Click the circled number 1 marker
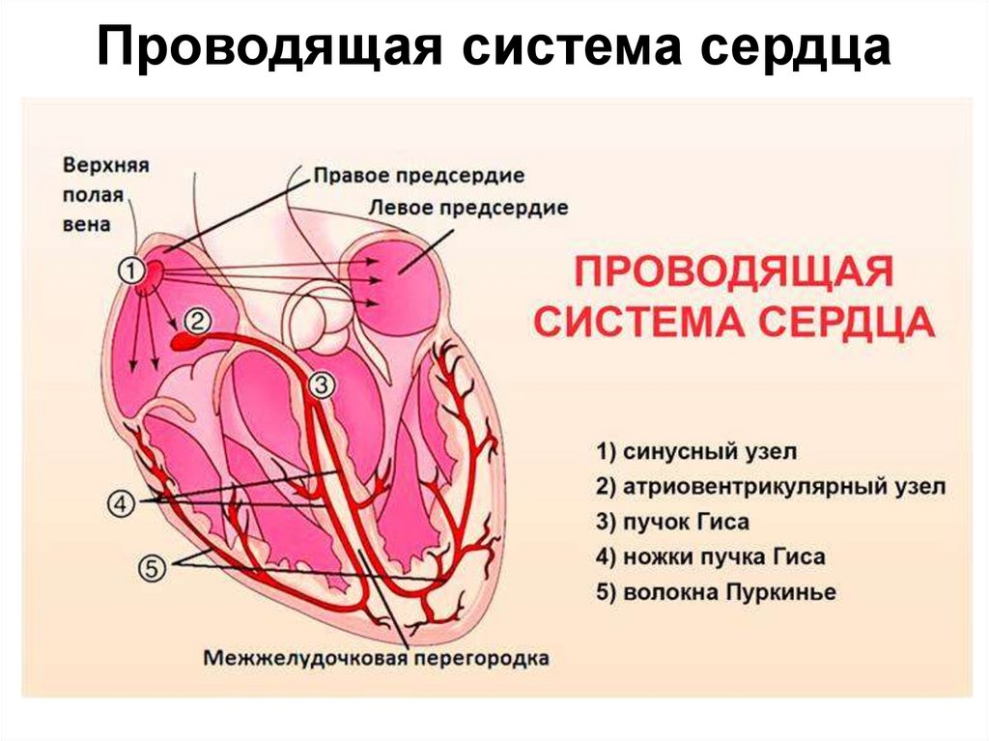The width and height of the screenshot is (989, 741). tap(131, 271)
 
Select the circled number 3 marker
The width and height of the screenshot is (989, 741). tap(323, 385)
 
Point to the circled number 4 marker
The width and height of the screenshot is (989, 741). tap(120, 504)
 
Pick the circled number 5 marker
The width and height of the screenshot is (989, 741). tap(152, 569)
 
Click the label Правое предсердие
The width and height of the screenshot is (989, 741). tap(418, 177)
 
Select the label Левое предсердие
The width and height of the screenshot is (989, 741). tap(468, 208)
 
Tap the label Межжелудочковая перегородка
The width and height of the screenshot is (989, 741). tap(377, 659)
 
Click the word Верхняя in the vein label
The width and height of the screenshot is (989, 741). tap(106, 165)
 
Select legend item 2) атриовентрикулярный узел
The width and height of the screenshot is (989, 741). tap(771, 486)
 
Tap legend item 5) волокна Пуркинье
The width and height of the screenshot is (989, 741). tap(716, 591)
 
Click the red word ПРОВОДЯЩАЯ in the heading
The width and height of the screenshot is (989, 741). tap(732, 271)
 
